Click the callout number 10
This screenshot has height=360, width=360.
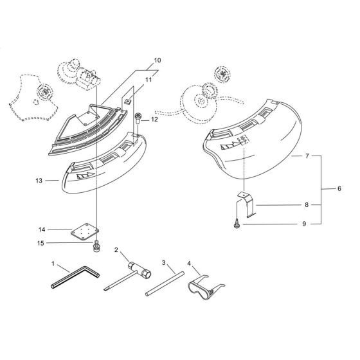[x=157, y=61]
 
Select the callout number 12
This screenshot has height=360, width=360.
[x=154, y=120]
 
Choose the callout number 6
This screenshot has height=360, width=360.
[x=339, y=189]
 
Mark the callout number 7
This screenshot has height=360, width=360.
[x=307, y=156]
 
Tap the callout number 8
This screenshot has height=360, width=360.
[x=307, y=205]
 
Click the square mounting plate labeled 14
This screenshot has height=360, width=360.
[x=84, y=230]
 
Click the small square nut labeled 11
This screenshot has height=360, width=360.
[x=129, y=100]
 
